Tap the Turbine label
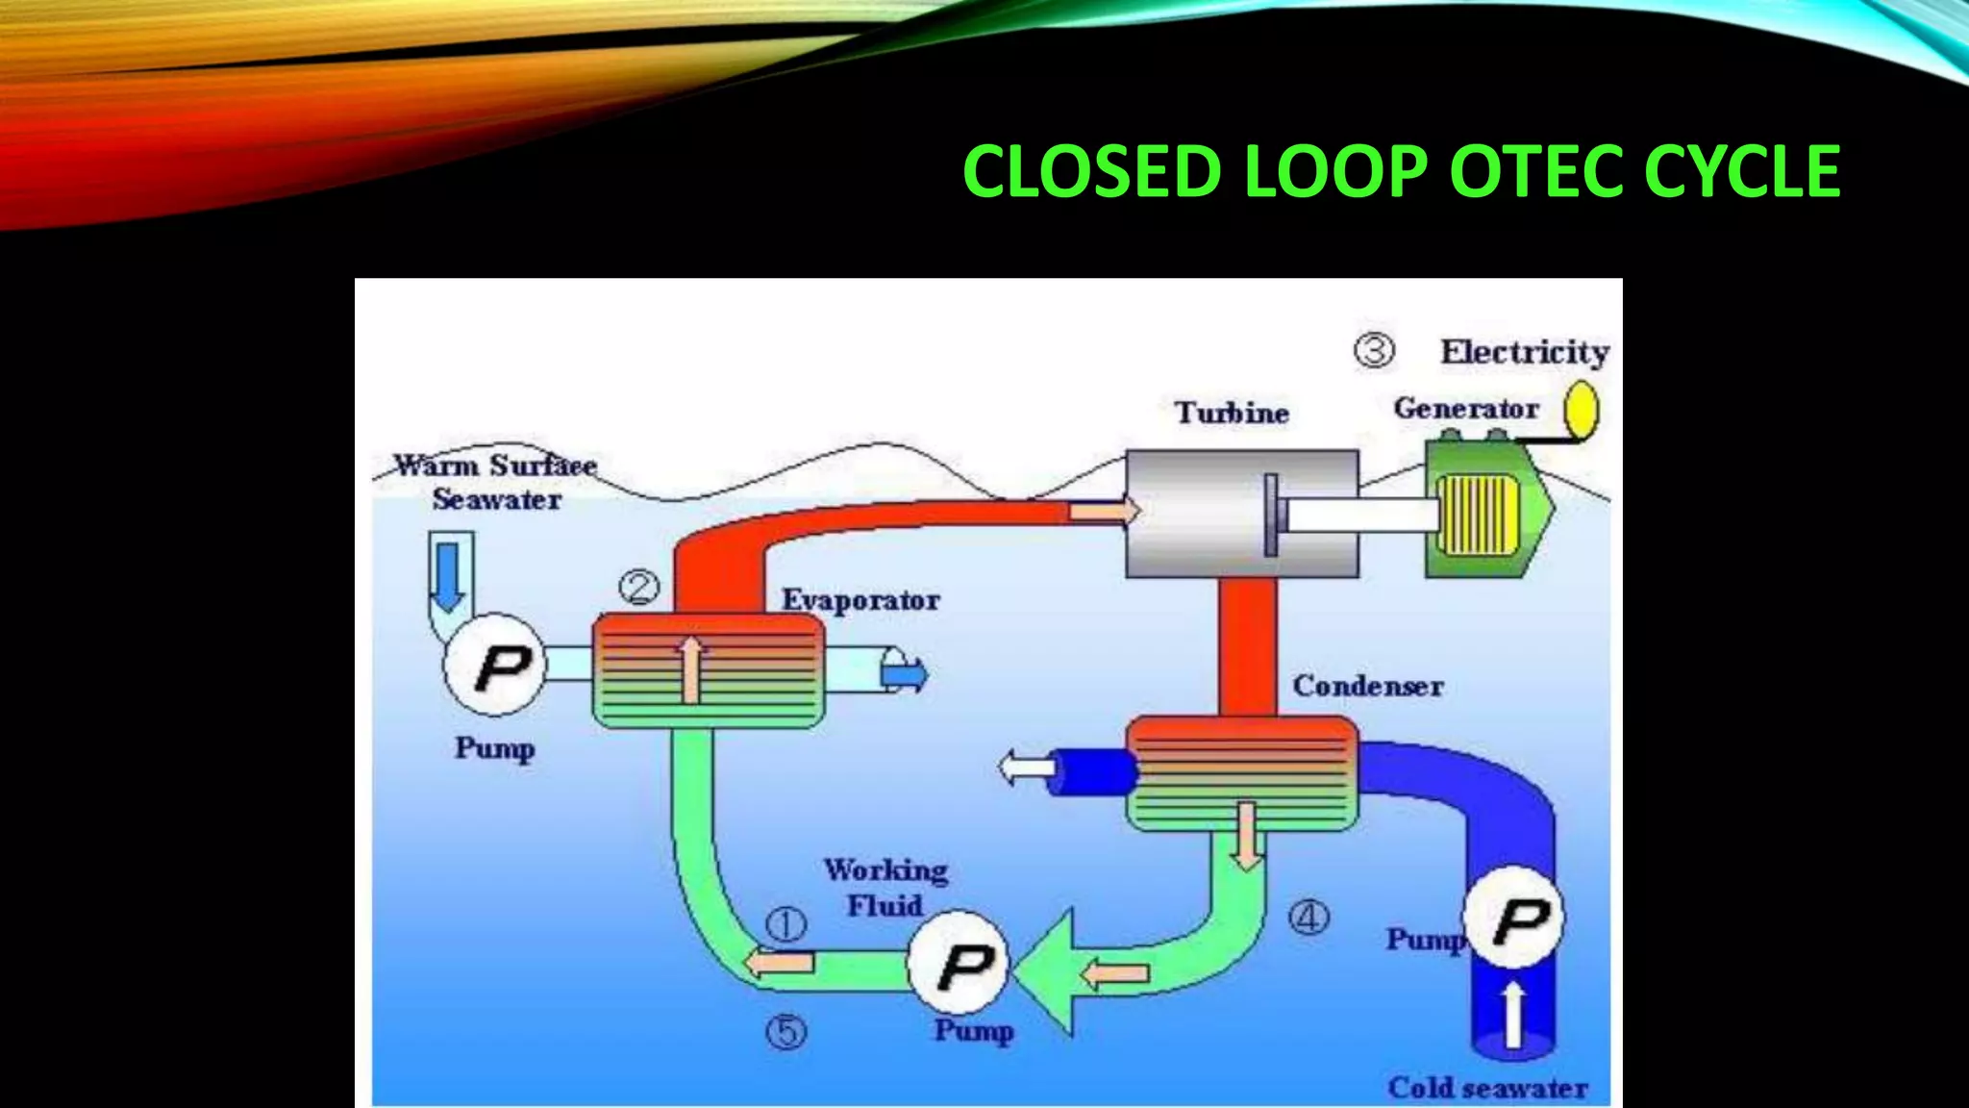(x=1232, y=413)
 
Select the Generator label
(x=1466, y=409)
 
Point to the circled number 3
(x=1374, y=350)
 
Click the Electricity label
(x=1524, y=352)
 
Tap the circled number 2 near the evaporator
(x=638, y=587)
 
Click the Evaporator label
(x=860, y=600)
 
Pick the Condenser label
(x=1367, y=687)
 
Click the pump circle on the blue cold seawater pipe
(x=1514, y=917)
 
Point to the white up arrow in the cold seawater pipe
(x=1513, y=1012)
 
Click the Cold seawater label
(x=1486, y=1088)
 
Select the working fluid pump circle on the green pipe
(x=959, y=962)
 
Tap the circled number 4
(x=1309, y=918)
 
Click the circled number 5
(x=785, y=1033)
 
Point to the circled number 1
(x=785, y=925)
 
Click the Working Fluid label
(x=885, y=887)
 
